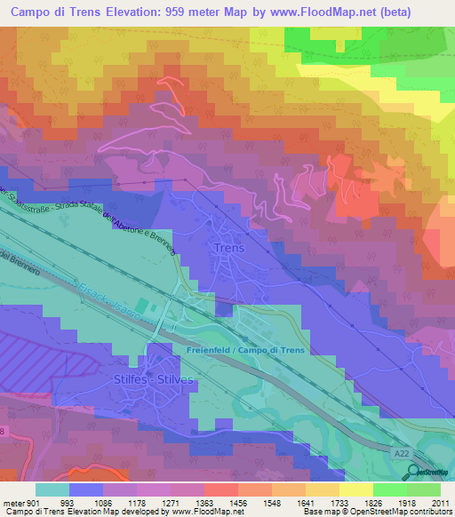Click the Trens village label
[x=229, y=248]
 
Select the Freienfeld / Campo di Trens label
[x=245, y=351]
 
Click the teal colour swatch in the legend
[x=52, y=490]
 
